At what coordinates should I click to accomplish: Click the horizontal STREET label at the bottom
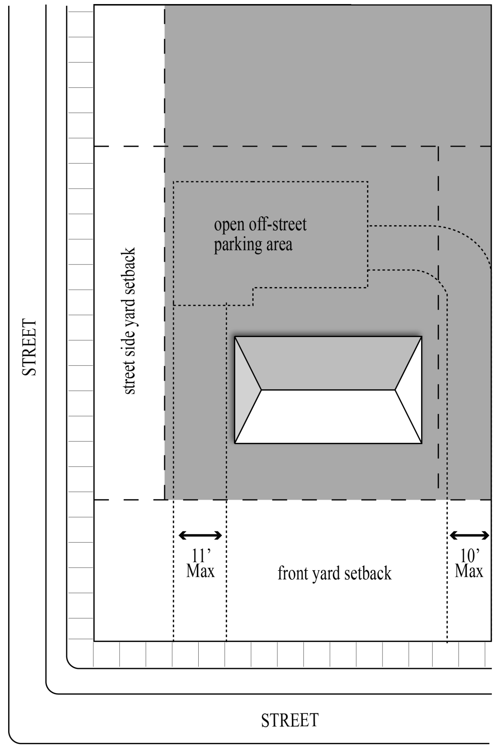290,720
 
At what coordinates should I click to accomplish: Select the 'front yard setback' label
334,573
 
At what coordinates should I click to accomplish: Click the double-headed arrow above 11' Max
200,535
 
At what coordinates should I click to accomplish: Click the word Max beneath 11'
200,571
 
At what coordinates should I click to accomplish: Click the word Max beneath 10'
469,571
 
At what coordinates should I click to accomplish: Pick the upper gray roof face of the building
328,363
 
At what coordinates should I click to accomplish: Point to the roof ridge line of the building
328,390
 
